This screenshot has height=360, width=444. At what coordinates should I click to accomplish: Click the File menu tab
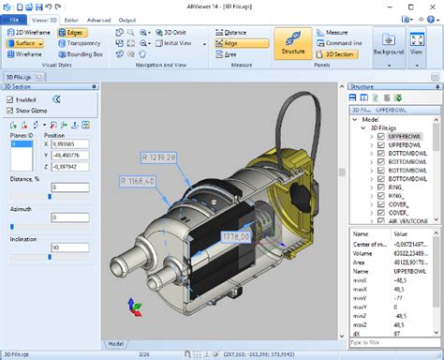click(14, 19)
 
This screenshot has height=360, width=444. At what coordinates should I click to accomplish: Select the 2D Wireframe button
click(31, 32)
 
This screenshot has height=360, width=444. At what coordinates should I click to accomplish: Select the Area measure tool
click(230, 54)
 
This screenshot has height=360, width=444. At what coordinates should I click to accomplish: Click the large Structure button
click(291, 43)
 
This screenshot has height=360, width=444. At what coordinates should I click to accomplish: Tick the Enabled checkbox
click(10, 97)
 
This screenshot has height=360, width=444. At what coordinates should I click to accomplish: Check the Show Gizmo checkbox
click(10, 109)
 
